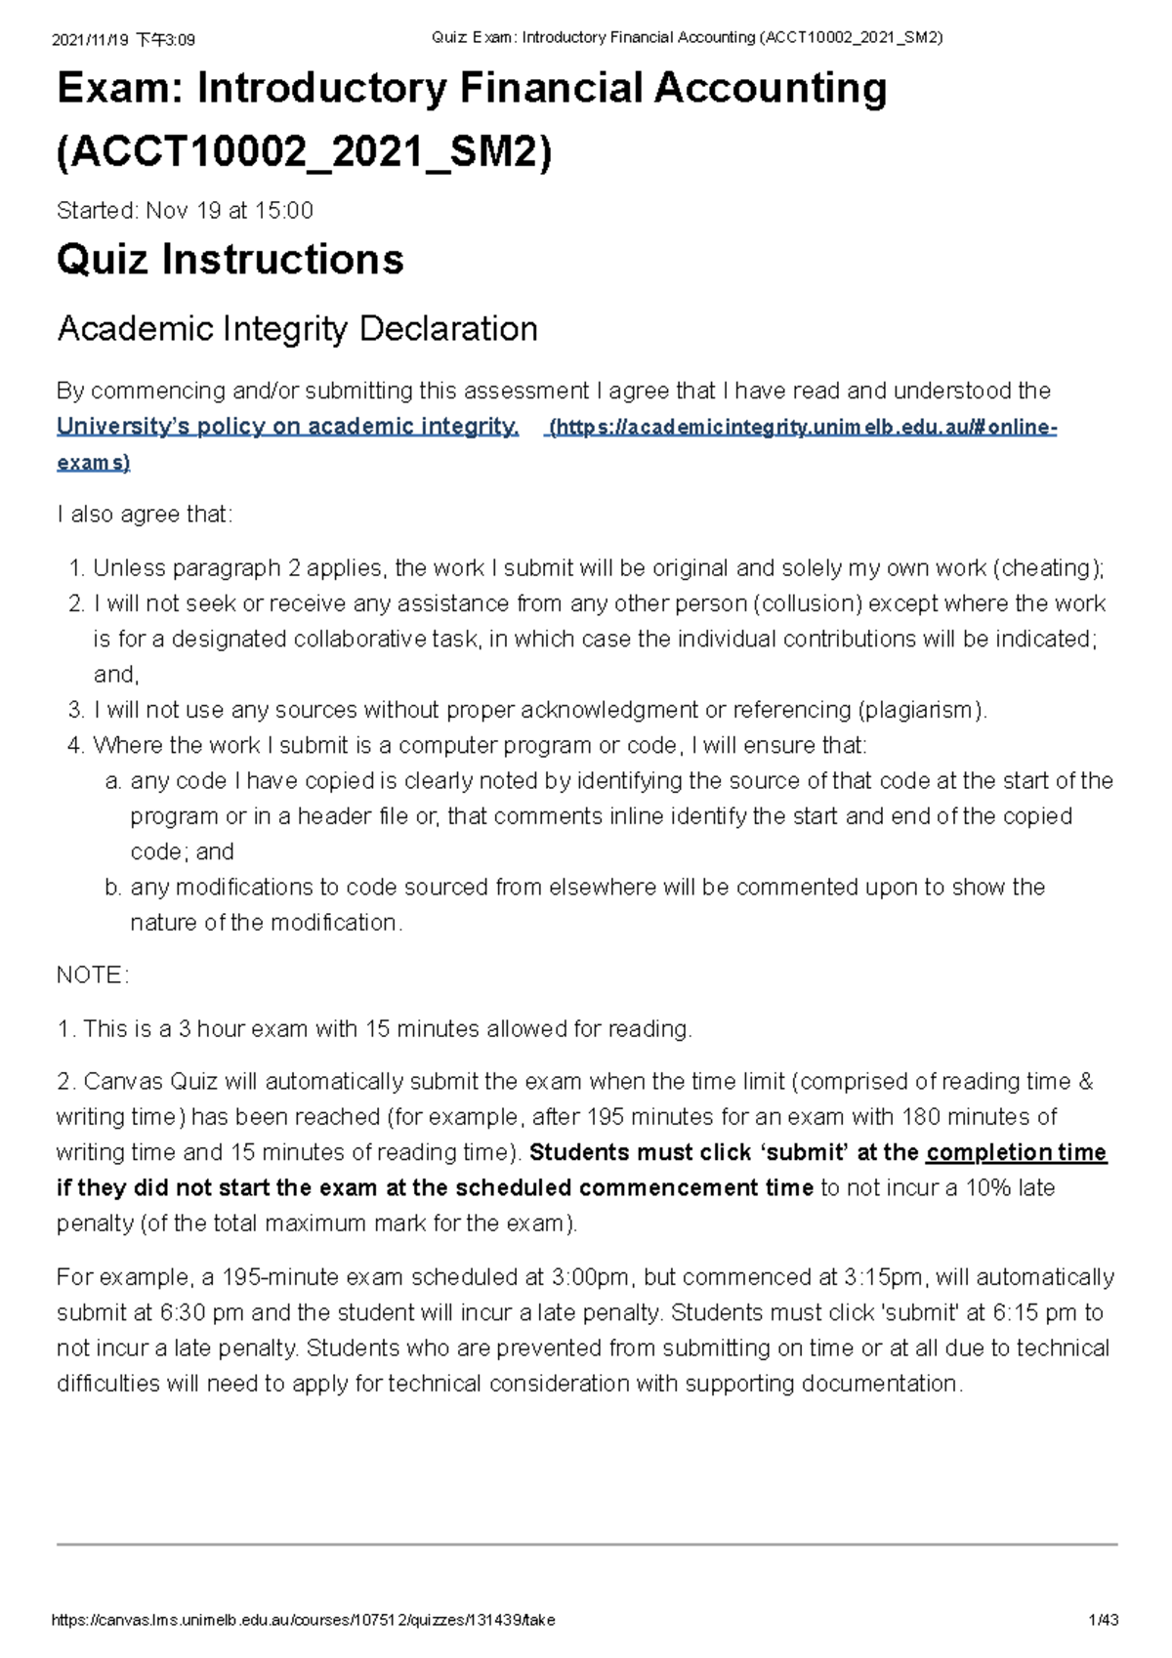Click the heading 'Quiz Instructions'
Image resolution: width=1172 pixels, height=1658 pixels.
[x=230, y=260]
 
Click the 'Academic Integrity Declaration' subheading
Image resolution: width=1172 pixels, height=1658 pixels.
[x=297, y=329]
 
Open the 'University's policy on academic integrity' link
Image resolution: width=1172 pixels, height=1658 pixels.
[x=287, y=427]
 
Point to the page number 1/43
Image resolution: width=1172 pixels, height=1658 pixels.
[x=1105, y=1620]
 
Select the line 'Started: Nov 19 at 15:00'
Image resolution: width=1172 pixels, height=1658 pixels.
[x=185, y=211]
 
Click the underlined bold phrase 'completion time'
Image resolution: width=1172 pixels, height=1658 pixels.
[x=1016, y=1152]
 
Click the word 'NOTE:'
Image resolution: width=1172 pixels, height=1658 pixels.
[x=93, y=975]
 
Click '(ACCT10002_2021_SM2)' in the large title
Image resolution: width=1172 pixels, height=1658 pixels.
[x=305, y=152]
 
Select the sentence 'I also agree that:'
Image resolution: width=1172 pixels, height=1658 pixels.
[x=145, y=515]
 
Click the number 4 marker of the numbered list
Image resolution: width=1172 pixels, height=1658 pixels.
[x=76, y=746]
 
